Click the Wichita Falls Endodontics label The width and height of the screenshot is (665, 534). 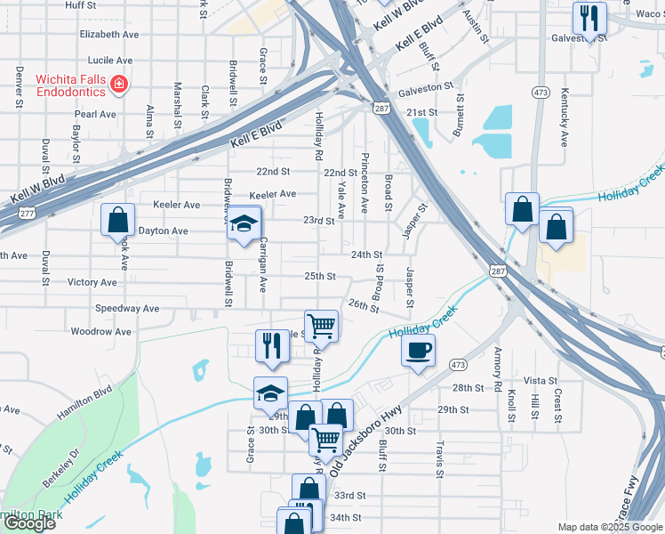pos(71,85)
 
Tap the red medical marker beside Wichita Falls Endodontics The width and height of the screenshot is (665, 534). pos(118,85)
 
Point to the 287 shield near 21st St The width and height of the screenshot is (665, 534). pos(381,109)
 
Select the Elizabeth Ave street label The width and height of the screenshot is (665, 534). pos(109,34)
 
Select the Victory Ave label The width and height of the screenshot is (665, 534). pos(92,282)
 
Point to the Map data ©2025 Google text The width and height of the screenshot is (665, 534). pos(610,527)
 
